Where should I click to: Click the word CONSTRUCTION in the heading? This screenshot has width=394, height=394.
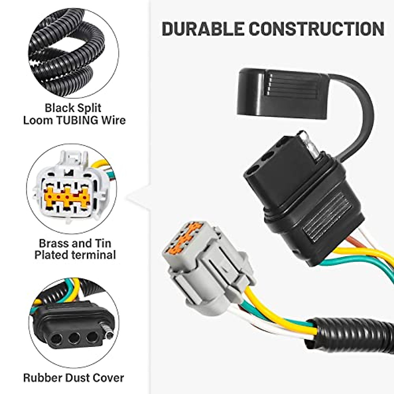[x=316, y=29]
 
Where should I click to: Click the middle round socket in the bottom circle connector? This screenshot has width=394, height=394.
[x=74, y=336]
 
